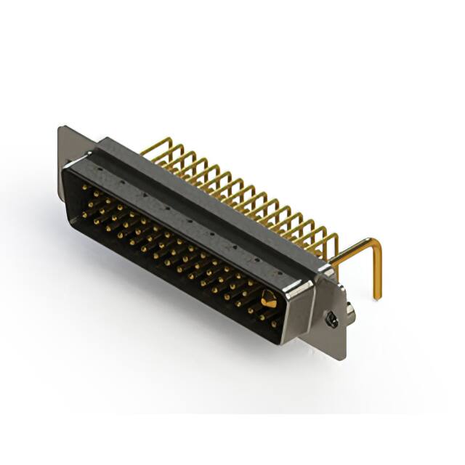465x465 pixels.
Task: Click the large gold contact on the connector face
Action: click(268, 298)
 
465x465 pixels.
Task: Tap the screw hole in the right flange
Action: click(331, 318)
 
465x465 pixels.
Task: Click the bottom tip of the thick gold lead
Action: click(378, 296)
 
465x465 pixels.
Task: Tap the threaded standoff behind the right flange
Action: click(349, 312)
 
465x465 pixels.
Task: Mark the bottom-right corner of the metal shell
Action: click(285, 341)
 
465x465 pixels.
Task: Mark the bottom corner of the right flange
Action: click(341, 357)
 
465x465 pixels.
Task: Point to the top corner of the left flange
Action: click(61, 129)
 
